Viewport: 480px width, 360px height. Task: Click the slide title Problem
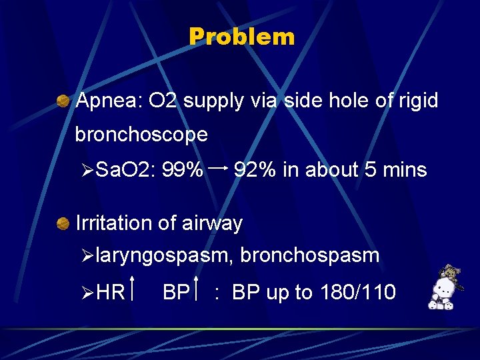[241, 37]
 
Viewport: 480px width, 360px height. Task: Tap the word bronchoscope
[141, 135]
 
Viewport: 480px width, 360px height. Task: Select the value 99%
[183, 170]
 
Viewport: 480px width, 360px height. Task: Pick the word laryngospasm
[163, 255]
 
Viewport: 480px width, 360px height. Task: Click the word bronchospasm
[310, 255]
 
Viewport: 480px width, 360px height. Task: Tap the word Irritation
[114, 223]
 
